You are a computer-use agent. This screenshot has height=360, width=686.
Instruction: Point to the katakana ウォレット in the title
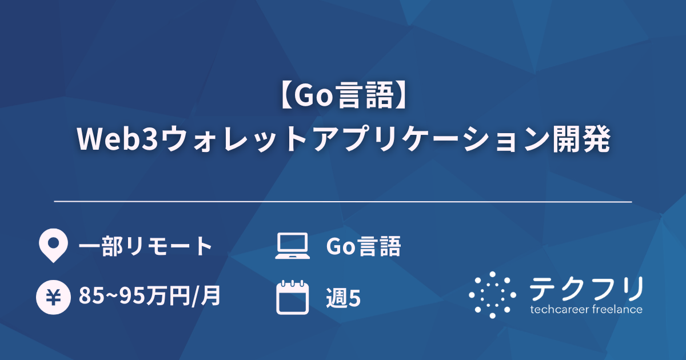tap(220, 139)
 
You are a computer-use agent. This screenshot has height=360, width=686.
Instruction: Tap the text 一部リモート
tap(145, 246)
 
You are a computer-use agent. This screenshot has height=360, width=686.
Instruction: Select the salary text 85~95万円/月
tap(150, 297)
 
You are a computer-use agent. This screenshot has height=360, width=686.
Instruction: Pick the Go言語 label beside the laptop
tap(363, 246)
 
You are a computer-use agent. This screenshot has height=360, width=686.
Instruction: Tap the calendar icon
tap(292, 297)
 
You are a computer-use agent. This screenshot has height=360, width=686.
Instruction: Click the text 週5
tap(343, 298)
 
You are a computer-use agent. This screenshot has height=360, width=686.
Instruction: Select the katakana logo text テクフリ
tap(587, 288)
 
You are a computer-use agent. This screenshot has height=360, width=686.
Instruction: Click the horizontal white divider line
tap(343, 202)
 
